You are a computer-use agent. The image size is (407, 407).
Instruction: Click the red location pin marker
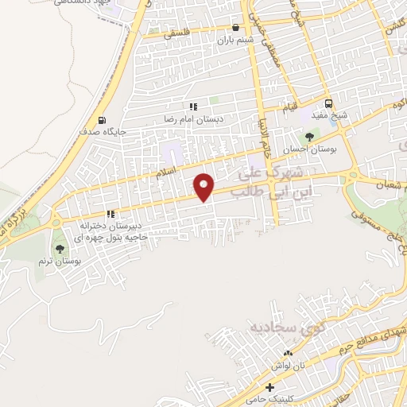point(205,187)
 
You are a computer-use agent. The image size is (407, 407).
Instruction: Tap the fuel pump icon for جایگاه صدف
point(101,121)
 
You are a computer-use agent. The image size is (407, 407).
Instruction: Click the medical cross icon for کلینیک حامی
point(270,388)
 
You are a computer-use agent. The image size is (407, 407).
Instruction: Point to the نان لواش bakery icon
point(288,353)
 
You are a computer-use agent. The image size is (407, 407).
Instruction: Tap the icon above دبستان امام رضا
point(192,106)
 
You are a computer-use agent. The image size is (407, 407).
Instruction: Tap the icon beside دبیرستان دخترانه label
point(110,213)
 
